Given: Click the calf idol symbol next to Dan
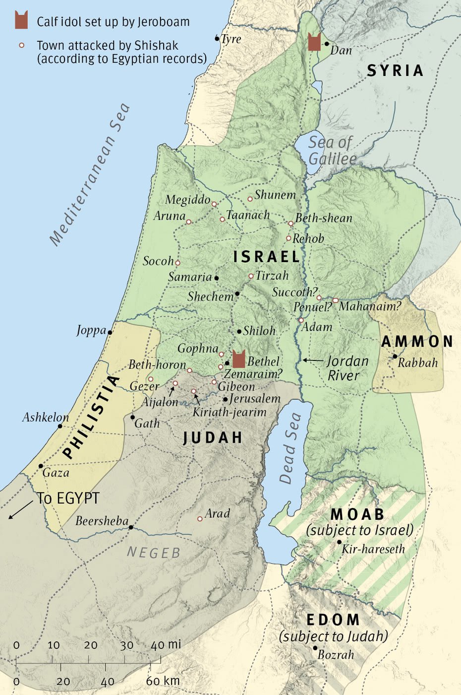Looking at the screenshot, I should [x=314, y=42].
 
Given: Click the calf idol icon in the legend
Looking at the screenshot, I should [x=21, y=21].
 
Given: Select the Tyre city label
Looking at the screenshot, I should [x=231, y=39].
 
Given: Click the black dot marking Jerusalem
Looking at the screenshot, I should [x=225, y=399].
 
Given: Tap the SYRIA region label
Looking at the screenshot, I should [x=395, y=70].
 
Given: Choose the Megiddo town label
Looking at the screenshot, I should [x=187, y=200].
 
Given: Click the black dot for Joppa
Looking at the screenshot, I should [x=110, y=332].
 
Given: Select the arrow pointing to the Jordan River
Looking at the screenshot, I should [x=312, y=360].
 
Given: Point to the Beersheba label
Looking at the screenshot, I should [x=102, y=521].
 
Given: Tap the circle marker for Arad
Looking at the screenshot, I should [x=200, y=519].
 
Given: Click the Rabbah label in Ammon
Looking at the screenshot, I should [x=417, y=362].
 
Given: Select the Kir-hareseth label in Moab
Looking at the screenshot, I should [x=373, y=549].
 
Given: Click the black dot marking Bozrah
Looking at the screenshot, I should [x=315, y=648].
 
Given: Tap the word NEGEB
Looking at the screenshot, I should [x=154, y=553].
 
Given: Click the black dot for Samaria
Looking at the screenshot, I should [x=216, y=278].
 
